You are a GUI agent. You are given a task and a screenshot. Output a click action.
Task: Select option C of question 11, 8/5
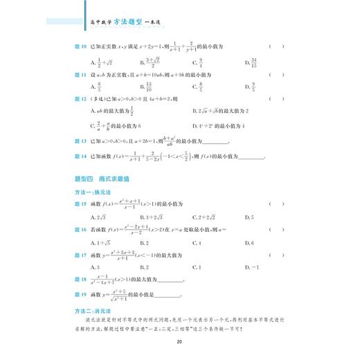pyautogui.click(x=198, y=87)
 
